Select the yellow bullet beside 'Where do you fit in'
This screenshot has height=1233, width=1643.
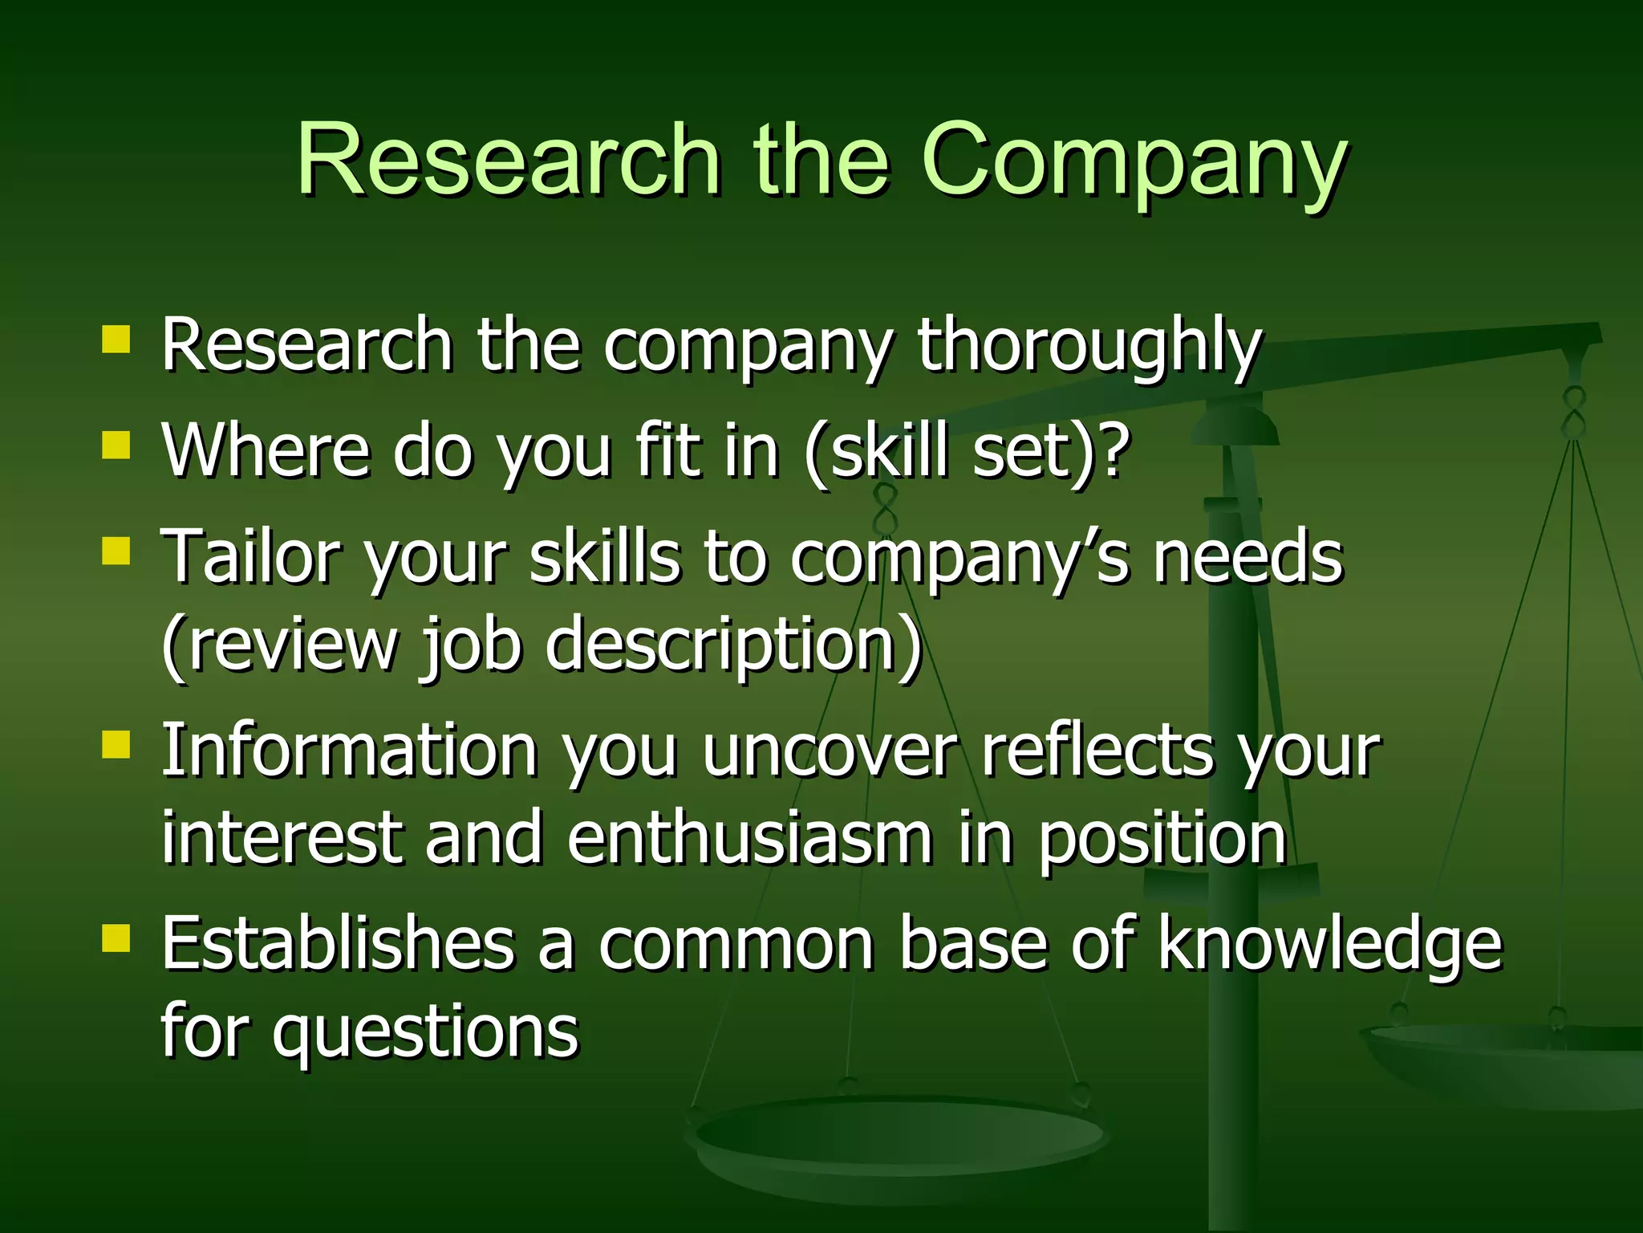pyautogui.click(x=116, y=444)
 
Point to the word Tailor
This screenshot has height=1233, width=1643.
pyautogui.click(x=251, y=556)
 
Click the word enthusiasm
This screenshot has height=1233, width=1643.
pyautogui.click(x=750, y=839)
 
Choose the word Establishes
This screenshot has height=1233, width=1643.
pyautogui.click(x=338, y=945)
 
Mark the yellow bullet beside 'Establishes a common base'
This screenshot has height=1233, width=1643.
pyautogui.click(x=116, y=937)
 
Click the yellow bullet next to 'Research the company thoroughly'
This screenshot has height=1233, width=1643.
pyautogui.click(x=116, y=339)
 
